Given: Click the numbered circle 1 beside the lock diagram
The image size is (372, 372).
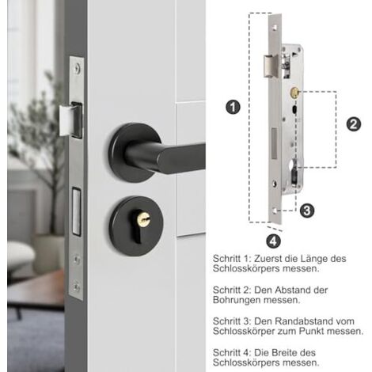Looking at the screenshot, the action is point(233,107).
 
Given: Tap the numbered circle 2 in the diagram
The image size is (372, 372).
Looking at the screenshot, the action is point(354,124).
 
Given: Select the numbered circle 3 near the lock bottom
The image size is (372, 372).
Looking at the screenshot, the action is point(307,211).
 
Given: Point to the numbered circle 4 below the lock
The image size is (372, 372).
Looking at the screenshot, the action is point(273,241).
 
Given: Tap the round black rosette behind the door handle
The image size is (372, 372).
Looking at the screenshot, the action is point(135,152).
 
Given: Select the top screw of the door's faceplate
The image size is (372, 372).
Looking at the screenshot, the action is point(77,68).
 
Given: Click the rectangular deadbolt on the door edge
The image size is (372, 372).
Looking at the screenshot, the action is point(77,211).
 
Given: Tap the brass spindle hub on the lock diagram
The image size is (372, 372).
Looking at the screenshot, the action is point(294,93).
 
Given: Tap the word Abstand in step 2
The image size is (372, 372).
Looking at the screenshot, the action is point(294,290).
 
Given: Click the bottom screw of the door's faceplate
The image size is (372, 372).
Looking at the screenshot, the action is point(77,287).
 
